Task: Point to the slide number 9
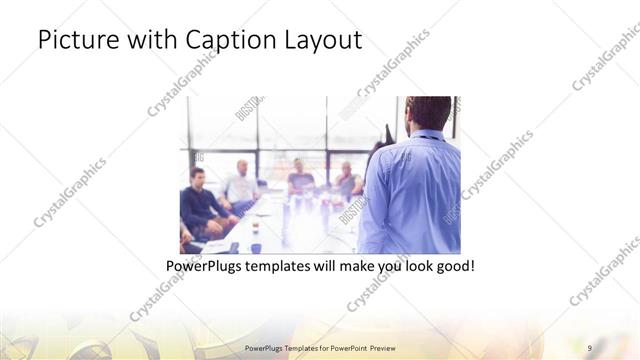click(x=590, y=347)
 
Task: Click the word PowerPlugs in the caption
click(x=207, y=268)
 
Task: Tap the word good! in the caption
click(x=451, y=268)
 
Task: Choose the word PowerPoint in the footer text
click(x=343, y=347)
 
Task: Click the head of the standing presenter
click(x=428, y=112)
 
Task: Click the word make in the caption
click(x=351, y=268)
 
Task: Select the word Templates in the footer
click(x=293, y=347)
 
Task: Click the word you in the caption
click(x=382, y=268)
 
